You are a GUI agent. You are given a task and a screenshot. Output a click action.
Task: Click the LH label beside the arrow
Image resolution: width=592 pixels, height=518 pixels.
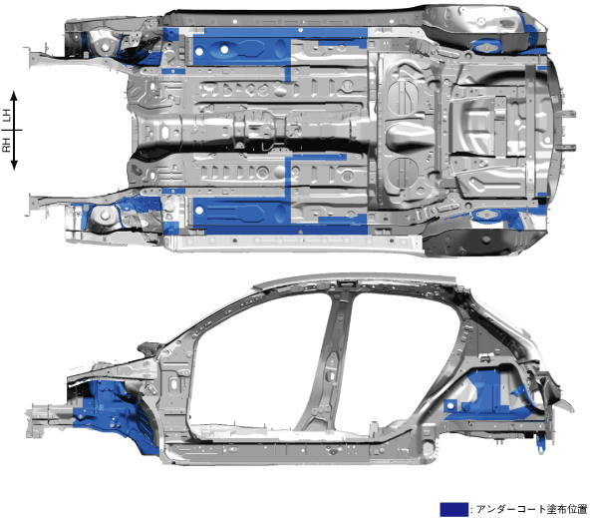pos(6,115)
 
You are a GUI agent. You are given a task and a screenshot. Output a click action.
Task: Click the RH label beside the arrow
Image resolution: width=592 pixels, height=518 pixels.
pos(6,145)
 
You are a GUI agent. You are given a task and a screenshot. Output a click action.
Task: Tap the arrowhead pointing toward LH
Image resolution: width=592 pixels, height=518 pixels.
pos(14,95)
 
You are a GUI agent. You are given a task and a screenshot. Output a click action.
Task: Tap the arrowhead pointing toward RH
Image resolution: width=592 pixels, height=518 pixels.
pos(14,166)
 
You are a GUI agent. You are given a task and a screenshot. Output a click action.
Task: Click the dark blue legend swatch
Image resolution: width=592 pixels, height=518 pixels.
pos(453,509)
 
